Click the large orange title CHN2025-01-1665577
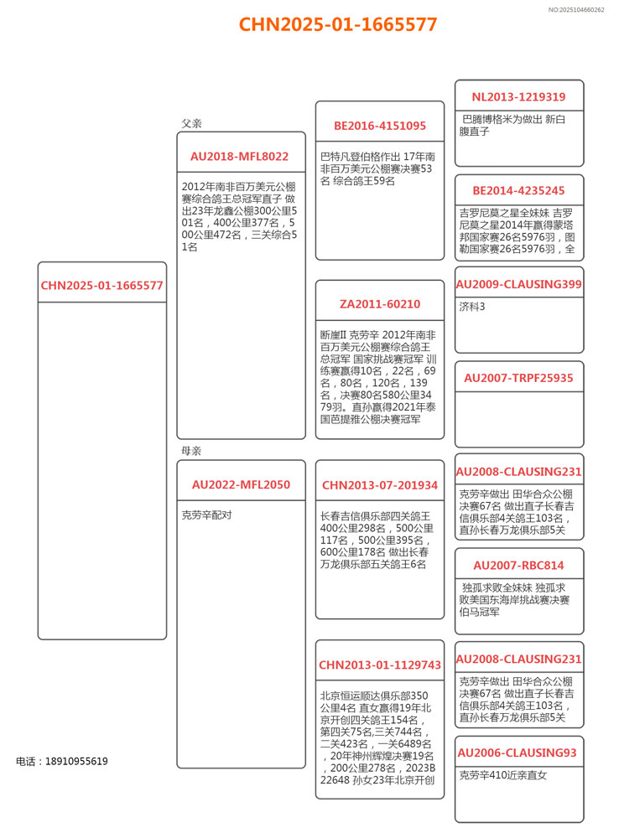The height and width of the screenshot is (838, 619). click(338, 24)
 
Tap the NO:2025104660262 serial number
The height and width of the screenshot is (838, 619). click(576, 9)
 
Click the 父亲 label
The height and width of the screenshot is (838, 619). click(192, 123)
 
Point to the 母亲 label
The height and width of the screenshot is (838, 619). click(192, 451)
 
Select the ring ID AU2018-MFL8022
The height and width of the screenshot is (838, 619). click(239, 157)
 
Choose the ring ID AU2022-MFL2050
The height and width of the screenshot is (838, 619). click(241, 484)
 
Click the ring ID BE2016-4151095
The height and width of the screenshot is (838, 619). click(380, 127)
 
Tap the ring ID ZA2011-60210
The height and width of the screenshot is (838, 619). click(380, 304)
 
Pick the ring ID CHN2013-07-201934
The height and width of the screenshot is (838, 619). click(380, 485)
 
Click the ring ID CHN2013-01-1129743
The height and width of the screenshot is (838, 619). click(380, 665)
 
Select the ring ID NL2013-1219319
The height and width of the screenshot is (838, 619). click(518, 97)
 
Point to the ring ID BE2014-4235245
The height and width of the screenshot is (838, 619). click(518, 191)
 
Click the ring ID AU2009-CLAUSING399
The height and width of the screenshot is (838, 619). click(518, 285)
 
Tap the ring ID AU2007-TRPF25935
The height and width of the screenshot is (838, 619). click(518, 378)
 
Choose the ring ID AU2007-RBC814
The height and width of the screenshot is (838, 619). click(518, 566)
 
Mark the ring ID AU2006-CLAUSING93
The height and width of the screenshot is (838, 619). click(518, 753)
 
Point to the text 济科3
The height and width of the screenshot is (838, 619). click(472, 307)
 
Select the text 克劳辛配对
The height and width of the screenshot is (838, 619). click(206, 515)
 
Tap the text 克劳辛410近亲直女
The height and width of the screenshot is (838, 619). click(503, 775)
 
